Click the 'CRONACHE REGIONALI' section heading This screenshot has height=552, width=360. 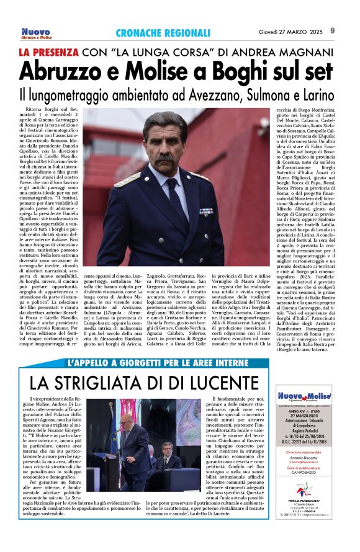[163, 33]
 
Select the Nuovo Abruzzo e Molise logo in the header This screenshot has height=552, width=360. [36, 33]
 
